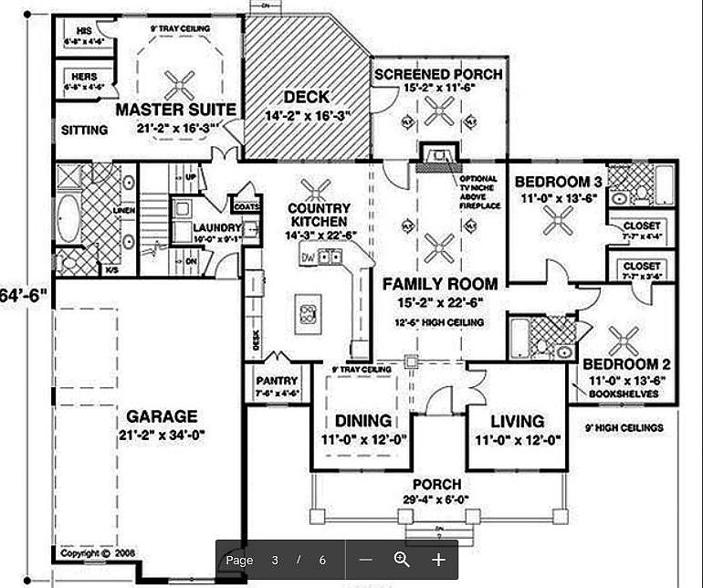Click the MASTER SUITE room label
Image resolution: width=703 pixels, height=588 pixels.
(x=176, y=110)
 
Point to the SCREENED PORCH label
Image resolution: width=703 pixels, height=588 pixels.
(x=438, y=74)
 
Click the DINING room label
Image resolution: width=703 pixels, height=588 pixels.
(x=362, y=421)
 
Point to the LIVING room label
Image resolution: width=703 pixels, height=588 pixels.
(x=517, y=421)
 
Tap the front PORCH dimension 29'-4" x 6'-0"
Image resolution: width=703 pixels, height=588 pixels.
(x=436, y=500)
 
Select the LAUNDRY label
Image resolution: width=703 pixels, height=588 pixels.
(x=216, y=228)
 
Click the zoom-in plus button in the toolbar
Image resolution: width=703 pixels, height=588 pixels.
(x=438, y=560)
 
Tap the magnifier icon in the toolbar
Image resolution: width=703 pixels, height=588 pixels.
(x=402, y=560)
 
